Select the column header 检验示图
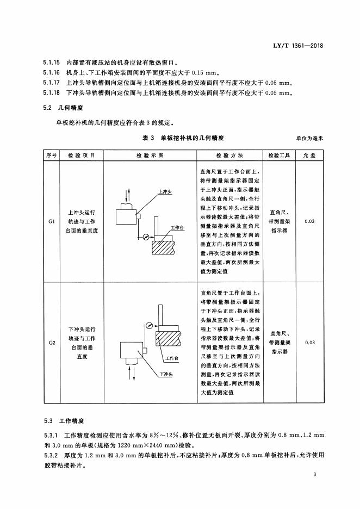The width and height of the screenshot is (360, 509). pos(149,155)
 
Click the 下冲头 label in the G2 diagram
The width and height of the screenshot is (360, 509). pos(166,374)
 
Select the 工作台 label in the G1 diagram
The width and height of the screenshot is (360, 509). pos(177,227)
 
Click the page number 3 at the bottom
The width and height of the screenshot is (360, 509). pos(315,475)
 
